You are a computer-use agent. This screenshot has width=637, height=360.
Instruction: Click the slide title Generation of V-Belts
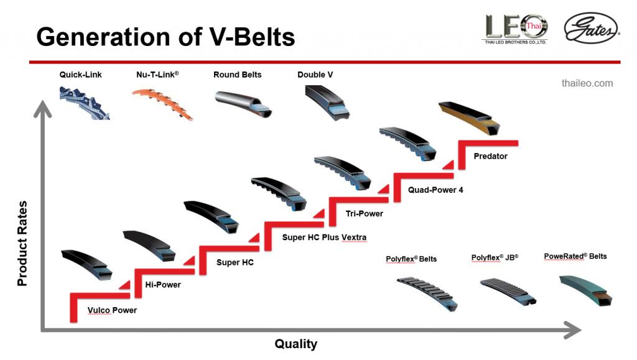[x=165, y=37]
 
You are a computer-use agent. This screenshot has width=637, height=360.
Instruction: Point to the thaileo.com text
[x=587, y=83]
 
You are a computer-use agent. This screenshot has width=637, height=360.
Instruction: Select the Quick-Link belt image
[x=85, y=103]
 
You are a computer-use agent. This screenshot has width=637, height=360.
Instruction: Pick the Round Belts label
[x=237, y=75]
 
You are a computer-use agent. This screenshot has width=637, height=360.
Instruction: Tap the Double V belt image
[x=327, y=101]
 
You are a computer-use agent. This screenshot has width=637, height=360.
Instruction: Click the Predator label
[x=490, y=156]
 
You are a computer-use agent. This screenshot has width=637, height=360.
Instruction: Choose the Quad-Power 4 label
[x=435, y=190]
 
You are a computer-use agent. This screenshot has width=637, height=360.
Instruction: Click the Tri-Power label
[x=364, y=213]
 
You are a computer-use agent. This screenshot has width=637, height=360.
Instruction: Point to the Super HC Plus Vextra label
[x=324, y=238]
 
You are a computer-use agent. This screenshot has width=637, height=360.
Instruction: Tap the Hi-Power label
[x=163, y=285]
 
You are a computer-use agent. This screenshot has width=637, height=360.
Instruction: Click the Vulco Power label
[x=112, y=310]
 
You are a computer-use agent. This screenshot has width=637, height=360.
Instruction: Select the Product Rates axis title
[x=22, y=243]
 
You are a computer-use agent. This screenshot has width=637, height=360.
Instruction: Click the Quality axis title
[x=296, y=344]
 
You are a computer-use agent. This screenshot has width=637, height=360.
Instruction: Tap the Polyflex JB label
[x=495, y=257]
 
